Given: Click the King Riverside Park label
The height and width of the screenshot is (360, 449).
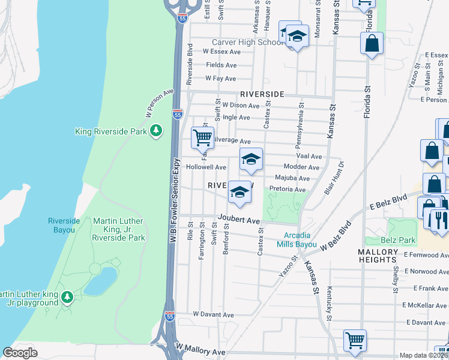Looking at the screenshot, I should pos(111,131).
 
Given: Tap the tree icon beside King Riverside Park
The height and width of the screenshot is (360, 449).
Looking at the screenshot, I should pos(156,130).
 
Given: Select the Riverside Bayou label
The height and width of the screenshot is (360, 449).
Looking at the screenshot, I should pos(64,225).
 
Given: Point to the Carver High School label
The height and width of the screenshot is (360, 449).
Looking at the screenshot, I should pos(247,43).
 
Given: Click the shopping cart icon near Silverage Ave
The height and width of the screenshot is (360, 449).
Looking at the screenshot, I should pos(203,137).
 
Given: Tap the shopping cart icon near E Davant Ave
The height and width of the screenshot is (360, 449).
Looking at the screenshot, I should pos(355,340).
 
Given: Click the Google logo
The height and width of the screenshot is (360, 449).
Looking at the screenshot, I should pos(20,353).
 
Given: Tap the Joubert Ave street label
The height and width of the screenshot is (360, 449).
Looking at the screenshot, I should pos(238,221).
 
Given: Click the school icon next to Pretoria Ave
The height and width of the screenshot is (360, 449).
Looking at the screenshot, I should pos(240,192).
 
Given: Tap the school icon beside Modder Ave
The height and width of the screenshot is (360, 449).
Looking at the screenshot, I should pos(251,159).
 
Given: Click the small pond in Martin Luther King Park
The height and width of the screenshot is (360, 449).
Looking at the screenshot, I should pos(100,281).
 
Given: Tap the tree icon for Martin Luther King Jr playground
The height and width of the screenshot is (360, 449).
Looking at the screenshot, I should pos(67,297).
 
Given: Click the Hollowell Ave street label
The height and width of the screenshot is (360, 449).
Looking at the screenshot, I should pos(206,167).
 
